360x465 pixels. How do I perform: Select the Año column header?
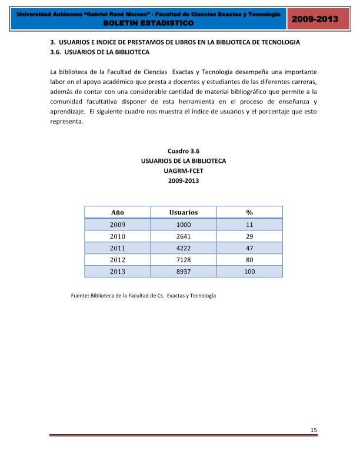[117, 212]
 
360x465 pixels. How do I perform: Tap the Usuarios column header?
[183, 212]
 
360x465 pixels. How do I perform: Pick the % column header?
[249, 212]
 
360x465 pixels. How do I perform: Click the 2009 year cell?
[117, 225]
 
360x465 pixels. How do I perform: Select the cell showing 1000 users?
[183, 225]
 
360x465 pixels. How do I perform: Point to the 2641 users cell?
[183, 236]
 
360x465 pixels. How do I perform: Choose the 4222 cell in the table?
[183, 248]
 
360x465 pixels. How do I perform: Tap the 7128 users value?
[183, 260]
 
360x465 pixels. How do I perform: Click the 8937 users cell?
[183, 272]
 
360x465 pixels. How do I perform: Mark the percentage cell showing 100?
[249, 272]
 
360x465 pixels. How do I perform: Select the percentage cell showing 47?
[249, 248]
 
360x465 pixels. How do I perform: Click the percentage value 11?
[249, 225]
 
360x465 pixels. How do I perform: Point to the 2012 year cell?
[117, 260]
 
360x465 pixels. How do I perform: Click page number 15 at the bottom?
[314, 430]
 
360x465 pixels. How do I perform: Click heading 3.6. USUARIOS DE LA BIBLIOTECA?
[99, 52]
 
